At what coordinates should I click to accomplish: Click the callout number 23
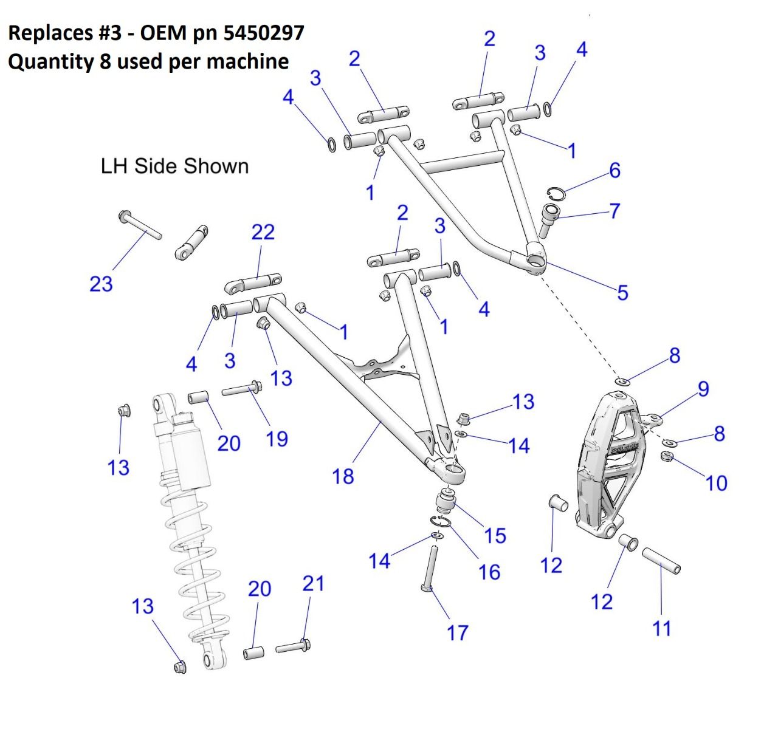pyautogui.click(x=101, y=284)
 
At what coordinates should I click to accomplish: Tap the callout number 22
pyautogui.click(x=263, y=232)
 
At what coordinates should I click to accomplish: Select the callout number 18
pyautogui.click(x=343, y=476)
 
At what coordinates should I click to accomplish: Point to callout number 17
pyautogui.click(x=458, y=632)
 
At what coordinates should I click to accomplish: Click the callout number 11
pyautogui.click(x=662, y=628)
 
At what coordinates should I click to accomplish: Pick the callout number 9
pyautogui.click(x=703, y=388)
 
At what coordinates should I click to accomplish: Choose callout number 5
pyautogui.click(x=622, y=292)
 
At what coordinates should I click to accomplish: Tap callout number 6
pyautogui.click(x=615, y=171)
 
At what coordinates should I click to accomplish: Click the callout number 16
pyautogui.click(x=489, y=572)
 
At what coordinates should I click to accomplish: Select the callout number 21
pyautogui.click(x=314, y=584)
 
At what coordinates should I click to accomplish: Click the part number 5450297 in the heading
pyautogui.click(x=264, y=32)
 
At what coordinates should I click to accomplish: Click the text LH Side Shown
pyautogui.click(x=174, y=166)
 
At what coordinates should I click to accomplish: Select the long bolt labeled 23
pyautogui.click(x=140, y=225)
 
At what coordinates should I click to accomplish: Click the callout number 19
pyautogui.click(x=277, y=439)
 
